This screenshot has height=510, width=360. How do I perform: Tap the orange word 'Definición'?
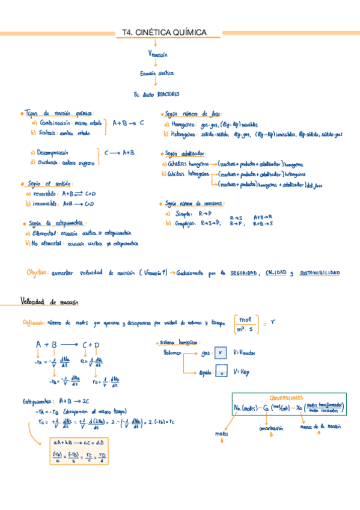pyautogui.click(x=33, y=323)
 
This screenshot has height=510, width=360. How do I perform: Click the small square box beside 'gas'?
pyautogui.click(x=220, y=353)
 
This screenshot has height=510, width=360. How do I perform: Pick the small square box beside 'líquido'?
pyautogui.click(x=220, y=373)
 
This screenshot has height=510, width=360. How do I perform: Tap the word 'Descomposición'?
pyautogui.click(x=53, y=153)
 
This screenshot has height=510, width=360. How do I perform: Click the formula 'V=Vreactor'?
pyautogui.click(x=245, y=352)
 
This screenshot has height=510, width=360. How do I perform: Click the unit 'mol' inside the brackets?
pyautogui.click(x=245, y=319)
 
